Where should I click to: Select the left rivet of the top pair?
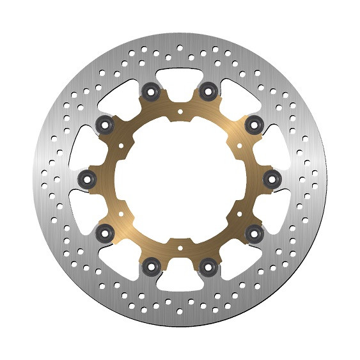(152, 91)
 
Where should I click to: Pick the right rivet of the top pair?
(207, 91)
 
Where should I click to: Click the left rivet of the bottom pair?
(152, 263)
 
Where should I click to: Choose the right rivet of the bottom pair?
(207, 263)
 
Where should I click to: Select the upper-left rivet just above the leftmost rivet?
(105, 122)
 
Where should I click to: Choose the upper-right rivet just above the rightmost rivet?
(254, 122)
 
